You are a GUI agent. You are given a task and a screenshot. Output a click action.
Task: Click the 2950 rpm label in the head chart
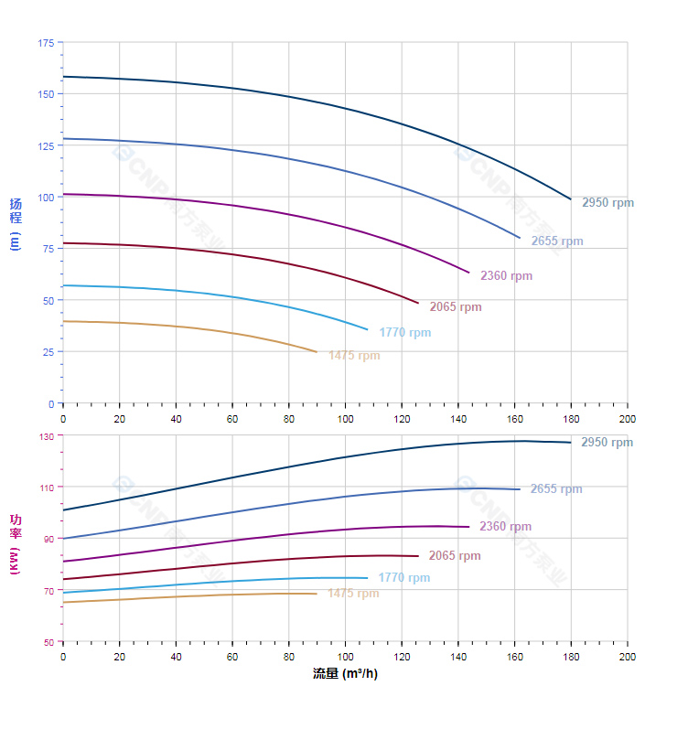pyautogui.click(x=607, y=203)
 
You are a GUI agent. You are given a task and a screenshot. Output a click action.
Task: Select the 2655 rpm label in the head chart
pyautogui.click(x=557, y=241)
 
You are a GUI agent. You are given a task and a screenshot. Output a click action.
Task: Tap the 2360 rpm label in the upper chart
pyautogui.click(x=506, y=276)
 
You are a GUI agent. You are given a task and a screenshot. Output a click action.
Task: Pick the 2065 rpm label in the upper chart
pyautogui.click(x=456, y=307)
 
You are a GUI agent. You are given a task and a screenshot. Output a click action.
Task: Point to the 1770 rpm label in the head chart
pyautogui.click(x=405, y=333)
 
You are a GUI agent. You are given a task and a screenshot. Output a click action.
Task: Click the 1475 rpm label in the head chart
pyautogui.click(x=354, y=356)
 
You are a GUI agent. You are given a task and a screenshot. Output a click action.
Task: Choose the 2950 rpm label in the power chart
pyautogui.click(x=607, y=443)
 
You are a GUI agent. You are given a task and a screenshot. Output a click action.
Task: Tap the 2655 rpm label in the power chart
pyautogui.click(x=556, y=489)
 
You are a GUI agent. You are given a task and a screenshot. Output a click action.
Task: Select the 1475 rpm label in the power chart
pyautogui.click(x=353, y=594)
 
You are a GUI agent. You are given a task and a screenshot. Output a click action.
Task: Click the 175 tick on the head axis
pyautogui.click(x=46, y=43)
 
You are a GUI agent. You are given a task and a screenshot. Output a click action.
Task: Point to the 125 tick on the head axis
pyautogui.click(x=46, y=145)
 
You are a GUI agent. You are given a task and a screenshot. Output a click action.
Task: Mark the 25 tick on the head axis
pyautogui.click(x=48, y=352)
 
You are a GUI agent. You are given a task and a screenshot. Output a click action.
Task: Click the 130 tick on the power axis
pyautogui.click(x=47, y=436)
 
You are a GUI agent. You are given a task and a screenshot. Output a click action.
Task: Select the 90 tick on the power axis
pyautogui.click(x=48, y=540)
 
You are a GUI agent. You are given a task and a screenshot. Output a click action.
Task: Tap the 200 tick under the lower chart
pyautogui.click(x=628, y=657)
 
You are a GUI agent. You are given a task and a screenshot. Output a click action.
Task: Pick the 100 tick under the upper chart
pyautogui.click(x=345, y=419)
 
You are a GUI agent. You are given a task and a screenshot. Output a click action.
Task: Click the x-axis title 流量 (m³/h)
pyautogui.click(x=345, y=674)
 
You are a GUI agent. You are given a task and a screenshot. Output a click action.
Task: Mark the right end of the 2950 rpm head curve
pyautogui.click(x=571, y=199)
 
